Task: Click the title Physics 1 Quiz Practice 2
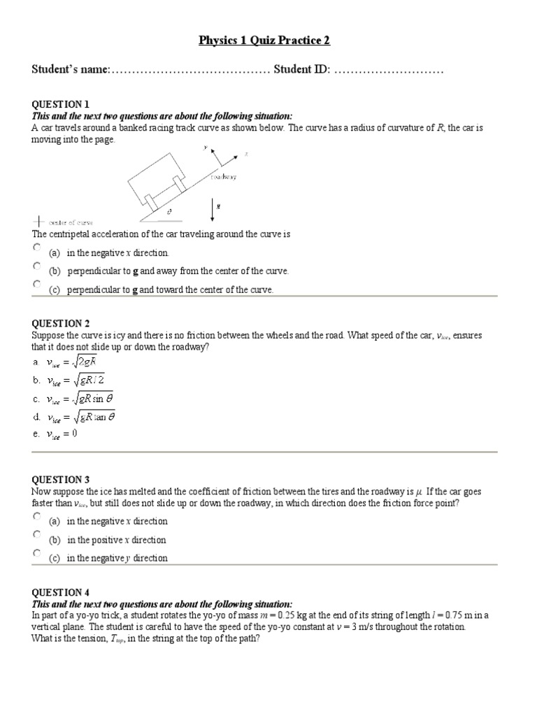coord(264,41)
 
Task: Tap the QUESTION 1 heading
coord(61,104)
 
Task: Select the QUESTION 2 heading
coord(61,323)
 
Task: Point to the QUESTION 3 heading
coord(61,480)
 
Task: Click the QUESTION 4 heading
coord(61,592)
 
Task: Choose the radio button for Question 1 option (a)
coord(37,248)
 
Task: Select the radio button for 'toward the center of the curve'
coord(37,285)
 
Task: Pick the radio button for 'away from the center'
coord(37,266)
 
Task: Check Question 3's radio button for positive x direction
coord(37,535)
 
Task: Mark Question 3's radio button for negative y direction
coord(37,553)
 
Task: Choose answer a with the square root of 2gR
coord(71,362)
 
